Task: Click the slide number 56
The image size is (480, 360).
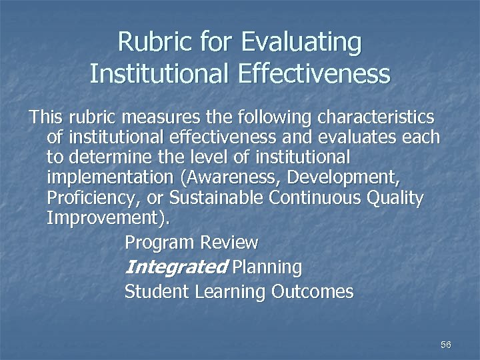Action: click(x=446, y=345)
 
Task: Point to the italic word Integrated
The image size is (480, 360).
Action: click(x=176, y=267)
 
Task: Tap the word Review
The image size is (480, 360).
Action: click(x=233, y=242)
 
